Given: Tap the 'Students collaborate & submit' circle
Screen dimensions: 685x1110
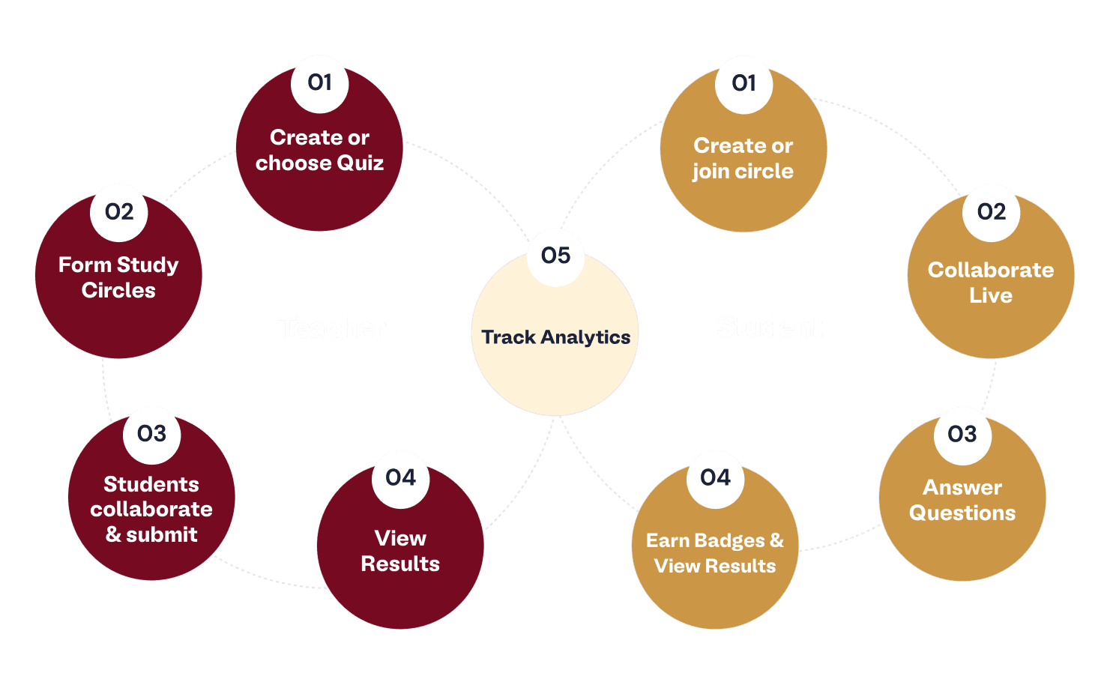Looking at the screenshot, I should click(151, 510).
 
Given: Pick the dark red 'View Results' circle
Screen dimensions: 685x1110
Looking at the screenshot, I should click(400, 555).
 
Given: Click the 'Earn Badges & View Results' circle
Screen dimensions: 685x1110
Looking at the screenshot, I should click(715, 555).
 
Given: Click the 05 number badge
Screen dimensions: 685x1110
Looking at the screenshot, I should click(555, 256).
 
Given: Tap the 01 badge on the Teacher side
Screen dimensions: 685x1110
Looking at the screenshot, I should click(320, 82).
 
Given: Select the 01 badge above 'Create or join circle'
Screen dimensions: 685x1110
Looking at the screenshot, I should click(744, 83).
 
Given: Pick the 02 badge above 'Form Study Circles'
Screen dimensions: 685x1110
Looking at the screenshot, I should click(119, 212).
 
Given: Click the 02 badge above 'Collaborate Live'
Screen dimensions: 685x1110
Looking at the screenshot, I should click(992, 212).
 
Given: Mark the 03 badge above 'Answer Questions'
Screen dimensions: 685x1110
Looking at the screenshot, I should click(962, 434).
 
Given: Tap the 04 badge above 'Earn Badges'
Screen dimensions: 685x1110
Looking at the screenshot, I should click(715, 477).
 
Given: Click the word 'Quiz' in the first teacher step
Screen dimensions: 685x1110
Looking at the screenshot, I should click(361, 163).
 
